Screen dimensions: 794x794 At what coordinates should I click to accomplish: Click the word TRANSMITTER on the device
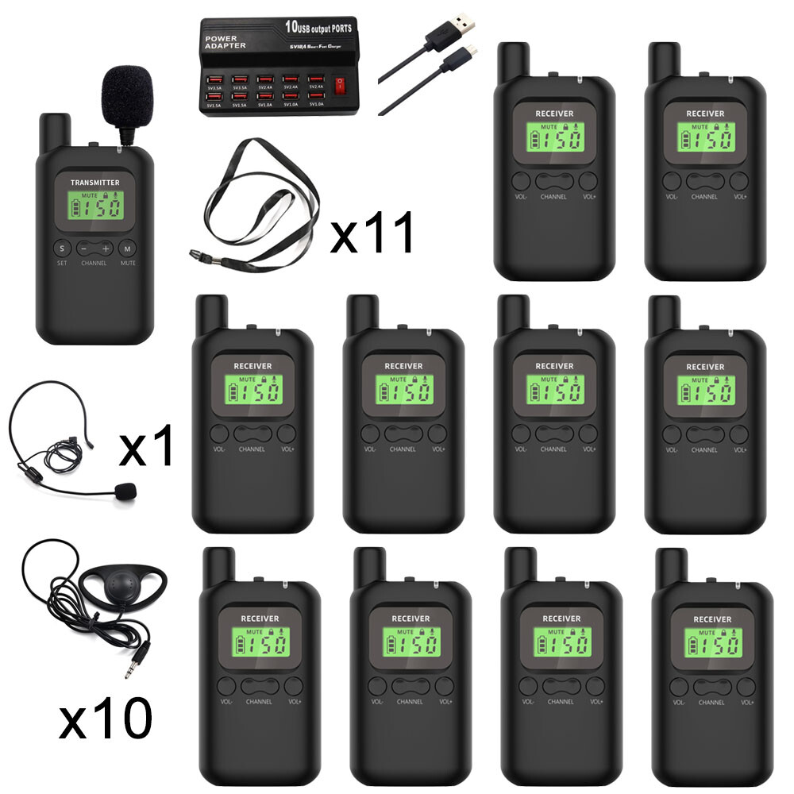(94, 183)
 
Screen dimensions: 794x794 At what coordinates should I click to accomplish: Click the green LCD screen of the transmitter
(96, 208)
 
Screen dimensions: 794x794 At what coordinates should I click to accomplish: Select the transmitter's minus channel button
(86, 249)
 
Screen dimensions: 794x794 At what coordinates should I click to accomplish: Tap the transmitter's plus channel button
(106, 249)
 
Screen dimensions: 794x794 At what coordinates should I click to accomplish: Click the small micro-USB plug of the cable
(471, 52)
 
